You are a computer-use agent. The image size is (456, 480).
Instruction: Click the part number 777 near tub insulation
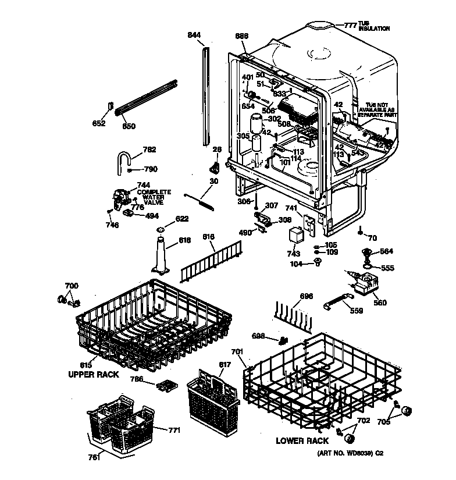tap(349, 25)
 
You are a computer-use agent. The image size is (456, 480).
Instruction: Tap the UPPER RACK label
tap(94, 375)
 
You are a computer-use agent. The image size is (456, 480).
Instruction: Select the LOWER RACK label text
tap(302, 441)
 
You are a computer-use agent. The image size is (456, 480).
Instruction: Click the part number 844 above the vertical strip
tap(194, 36)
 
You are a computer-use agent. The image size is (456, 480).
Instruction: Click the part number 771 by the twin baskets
tap(174, 431)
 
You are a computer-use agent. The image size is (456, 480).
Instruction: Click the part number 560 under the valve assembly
tap(380, 303)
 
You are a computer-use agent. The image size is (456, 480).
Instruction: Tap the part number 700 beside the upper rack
tap(71, 286)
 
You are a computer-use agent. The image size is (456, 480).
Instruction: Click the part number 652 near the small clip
tap(99, 123)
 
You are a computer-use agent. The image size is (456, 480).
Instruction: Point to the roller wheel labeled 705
tap(407, 411)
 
